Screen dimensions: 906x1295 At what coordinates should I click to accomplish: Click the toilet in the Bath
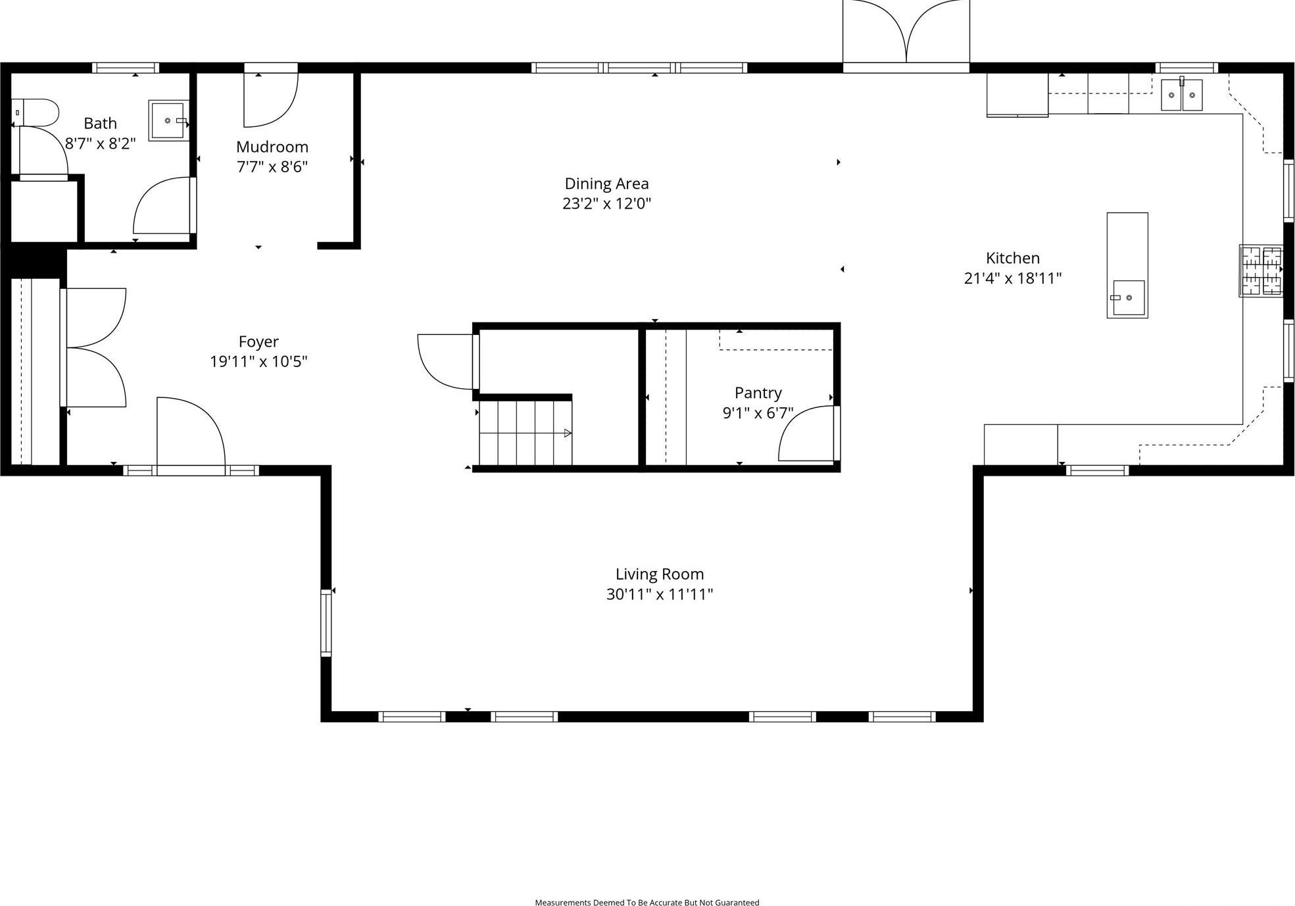point(36,113)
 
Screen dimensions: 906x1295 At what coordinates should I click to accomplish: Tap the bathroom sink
point(168,120)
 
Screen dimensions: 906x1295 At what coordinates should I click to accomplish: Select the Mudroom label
point(272,147)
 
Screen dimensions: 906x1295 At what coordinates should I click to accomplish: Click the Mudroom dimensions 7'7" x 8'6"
point(272,166)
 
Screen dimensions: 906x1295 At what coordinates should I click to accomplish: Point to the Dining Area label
point(606,184)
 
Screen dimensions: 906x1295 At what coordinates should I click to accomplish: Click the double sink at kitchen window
point(1181,95)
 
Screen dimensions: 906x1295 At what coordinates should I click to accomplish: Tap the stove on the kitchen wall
point(1261,270)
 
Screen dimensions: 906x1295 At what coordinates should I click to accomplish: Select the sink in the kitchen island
point(1128,298)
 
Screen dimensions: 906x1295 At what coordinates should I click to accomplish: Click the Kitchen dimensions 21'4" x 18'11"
point(1012,278)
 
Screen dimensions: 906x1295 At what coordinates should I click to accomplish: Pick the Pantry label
point(758,393)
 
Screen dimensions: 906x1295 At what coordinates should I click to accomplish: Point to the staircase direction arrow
point(568,433)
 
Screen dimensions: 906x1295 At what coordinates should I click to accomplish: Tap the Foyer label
point(258,341)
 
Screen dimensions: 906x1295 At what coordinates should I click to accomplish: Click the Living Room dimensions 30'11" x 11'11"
point(659,594)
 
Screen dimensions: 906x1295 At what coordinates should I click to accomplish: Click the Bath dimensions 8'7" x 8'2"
point(100,143)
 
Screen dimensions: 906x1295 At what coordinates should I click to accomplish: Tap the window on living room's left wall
point(326,623)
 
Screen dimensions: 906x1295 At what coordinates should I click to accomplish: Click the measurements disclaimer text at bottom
point(647,902)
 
